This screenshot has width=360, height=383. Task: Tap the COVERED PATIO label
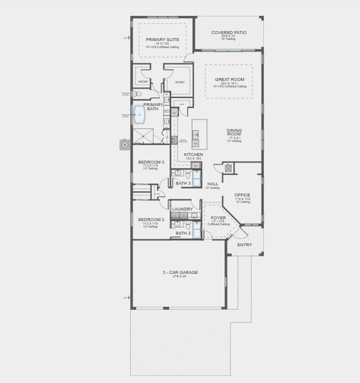[229, 32]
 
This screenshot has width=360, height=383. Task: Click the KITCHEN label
[193, 154]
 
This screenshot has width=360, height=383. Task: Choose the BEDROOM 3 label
[151, 162]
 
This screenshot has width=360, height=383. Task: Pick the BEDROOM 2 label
[151, 220]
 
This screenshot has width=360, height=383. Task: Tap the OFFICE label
[242, 195]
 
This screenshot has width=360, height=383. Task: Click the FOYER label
[218, 218]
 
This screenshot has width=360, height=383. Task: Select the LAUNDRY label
[183, 209]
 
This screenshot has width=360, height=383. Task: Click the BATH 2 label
[183, 233]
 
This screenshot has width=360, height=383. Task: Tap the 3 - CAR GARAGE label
[179, 273]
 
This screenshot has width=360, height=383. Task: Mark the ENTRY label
[244, 244]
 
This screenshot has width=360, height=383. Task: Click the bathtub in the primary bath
[140, 115]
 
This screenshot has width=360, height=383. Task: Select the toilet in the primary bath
[137, 94]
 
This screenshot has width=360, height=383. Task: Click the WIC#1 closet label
[179, 82]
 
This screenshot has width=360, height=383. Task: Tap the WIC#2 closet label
[143, 82]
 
